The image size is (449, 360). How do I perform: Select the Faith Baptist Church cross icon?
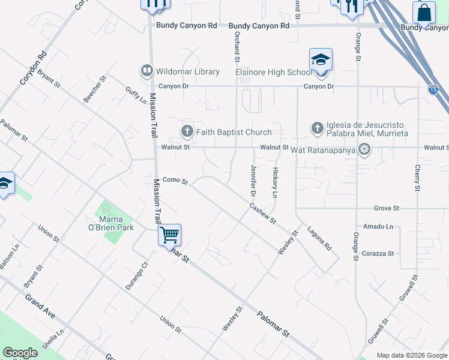click(x=187, y=131)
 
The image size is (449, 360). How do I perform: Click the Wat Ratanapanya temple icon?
click(x=363, y=148)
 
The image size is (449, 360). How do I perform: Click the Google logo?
click(x=20, y=352)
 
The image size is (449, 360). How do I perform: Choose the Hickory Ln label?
click(x=275, y=182)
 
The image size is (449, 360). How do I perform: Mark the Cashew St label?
click(x=262, y=213)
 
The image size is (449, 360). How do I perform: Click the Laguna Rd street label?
click(x=319, y=238)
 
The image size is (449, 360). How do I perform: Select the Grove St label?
click(x=387, y=208)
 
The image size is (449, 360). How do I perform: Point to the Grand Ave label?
click(x=40, y=306)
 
